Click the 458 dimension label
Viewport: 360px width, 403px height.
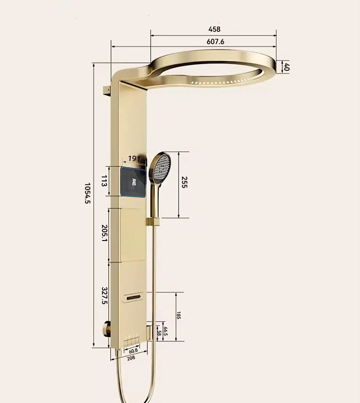(x=214, y=29)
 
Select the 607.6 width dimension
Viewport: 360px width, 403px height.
(x=215, y=41)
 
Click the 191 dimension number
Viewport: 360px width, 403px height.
(x=134, y=159)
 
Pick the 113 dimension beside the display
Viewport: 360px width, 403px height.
(x=104, y=181)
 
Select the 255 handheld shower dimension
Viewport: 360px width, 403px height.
(x=184, y=182)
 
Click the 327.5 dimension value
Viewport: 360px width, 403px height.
(x=104, y=296)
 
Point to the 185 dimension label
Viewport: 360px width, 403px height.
(x=179, y=315)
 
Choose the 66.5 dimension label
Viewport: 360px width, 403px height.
(x=166, y=331)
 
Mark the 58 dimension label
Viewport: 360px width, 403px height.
(x=159, y=333)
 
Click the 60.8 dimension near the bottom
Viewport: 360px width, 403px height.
(x=133, y=351)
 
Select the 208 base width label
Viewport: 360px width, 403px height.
(x=131, y=358)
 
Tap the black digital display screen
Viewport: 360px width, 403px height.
(x=133, y=182)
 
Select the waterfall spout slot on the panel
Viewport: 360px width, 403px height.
(x=133, y=297)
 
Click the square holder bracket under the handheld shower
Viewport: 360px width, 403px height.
(x=152, y=222)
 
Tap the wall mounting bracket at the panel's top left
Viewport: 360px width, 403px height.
(x=106, y=91)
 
